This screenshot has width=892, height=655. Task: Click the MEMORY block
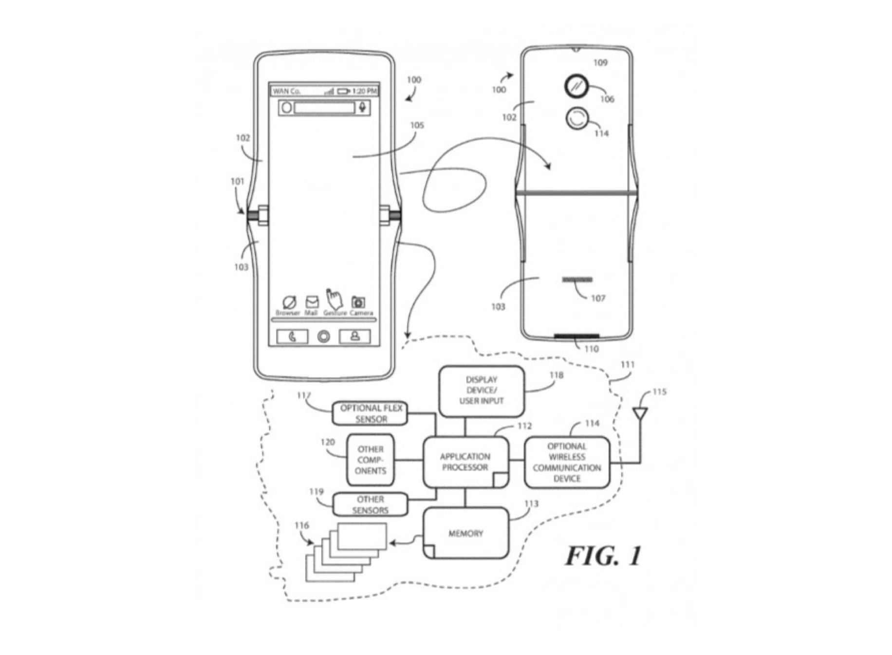(465, 533)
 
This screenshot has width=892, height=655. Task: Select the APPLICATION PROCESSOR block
(465, 462)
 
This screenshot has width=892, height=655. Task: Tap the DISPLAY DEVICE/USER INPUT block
(481, 391)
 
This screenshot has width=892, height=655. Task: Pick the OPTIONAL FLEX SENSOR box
(371, 413)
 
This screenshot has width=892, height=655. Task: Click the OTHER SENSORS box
(370, 505)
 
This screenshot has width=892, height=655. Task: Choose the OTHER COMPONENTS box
(370, 460)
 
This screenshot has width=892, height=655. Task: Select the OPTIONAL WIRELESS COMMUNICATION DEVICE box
(566, 462)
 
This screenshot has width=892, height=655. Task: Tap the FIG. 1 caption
(603, 555)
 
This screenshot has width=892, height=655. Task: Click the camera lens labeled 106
(576, 86)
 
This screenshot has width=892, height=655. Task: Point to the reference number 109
(600, 62)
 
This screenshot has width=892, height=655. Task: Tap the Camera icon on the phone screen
(358, 302)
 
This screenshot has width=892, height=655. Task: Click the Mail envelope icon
(312, 302)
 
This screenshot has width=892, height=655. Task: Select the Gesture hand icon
(334, 298)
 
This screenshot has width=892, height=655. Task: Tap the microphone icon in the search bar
(362, 107)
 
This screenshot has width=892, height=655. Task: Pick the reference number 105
(417, 125)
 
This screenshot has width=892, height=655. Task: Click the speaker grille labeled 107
(577, 280)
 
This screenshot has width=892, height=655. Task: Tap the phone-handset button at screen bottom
(292, 337)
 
